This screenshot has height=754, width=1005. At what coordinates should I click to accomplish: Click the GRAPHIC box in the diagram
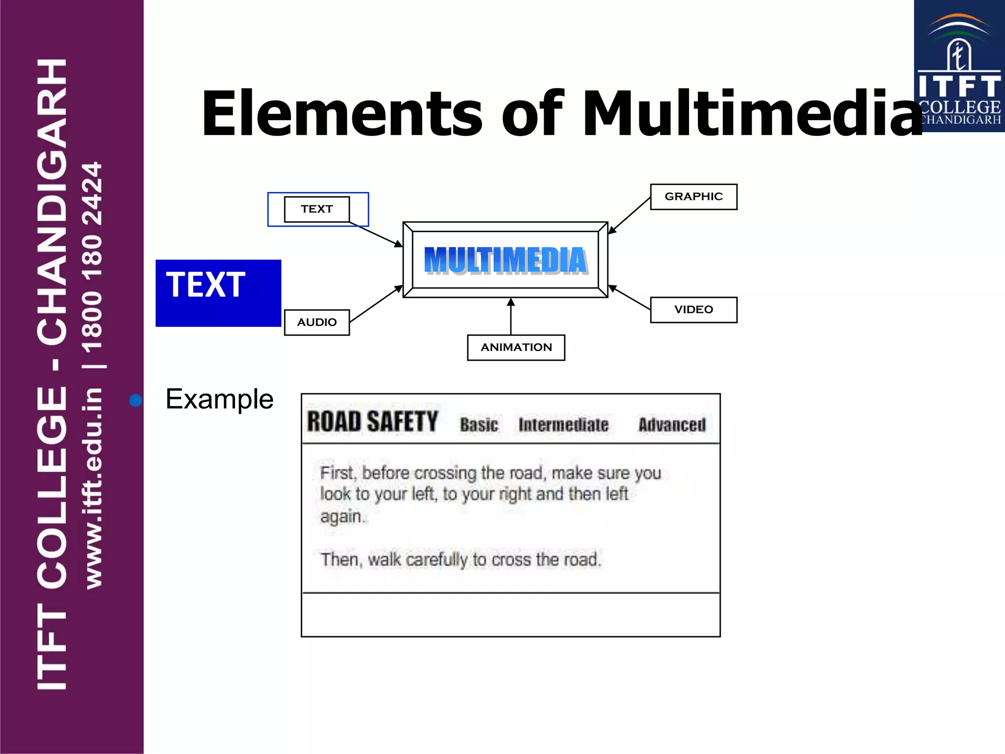tap(693, 197)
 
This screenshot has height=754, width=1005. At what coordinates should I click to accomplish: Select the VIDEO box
tap(693, 310)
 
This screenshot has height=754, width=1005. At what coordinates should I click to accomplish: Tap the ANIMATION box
tap(516, 348)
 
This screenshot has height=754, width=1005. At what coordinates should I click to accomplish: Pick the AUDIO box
tap(317, 323)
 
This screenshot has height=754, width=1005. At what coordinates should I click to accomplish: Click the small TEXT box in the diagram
tap(317, 209)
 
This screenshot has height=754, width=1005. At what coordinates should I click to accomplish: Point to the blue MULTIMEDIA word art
tap(505, 260)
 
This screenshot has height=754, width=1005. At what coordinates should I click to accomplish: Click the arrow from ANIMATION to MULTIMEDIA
tap(511, 317)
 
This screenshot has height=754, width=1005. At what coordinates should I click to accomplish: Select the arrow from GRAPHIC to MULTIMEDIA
tap(630, 215)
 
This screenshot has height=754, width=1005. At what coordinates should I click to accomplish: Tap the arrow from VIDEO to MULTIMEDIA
tap(630, 297)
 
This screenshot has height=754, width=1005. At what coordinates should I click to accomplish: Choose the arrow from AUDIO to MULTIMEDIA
tap(376, 304)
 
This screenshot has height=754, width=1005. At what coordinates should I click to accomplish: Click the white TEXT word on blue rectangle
tap(206, 285)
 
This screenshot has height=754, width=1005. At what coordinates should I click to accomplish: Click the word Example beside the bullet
tap(219, 399)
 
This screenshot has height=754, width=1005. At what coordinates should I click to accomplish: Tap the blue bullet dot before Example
tap(135, 401)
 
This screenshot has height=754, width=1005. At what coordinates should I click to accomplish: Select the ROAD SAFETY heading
tap(372, 422)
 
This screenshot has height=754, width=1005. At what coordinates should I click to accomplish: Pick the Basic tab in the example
tap(479, 425)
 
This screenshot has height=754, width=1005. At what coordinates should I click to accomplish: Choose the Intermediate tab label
tap(563, 425)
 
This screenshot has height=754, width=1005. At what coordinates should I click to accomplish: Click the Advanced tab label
tap(672, 425)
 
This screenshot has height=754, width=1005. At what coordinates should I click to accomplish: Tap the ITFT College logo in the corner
tap(959, 66)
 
